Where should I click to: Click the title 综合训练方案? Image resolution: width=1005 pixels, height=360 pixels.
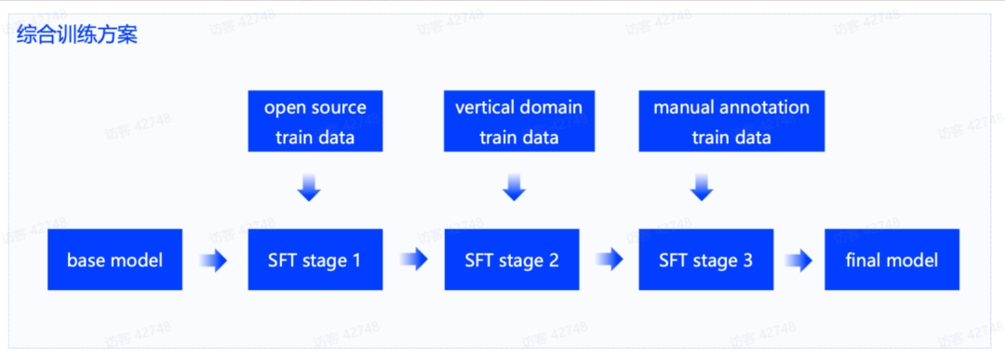click(x=77, y=33)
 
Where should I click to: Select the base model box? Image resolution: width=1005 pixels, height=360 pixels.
click(x=114, y=260)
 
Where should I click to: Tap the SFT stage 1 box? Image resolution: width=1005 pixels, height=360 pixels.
click(x=315, y=260)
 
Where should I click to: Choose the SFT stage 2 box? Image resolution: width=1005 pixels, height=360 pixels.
click(x=512, y=260)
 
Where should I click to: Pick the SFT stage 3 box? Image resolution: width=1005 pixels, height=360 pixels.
click(x=706, y=260)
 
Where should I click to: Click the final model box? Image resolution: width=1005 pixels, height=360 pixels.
click(x=892, y=260)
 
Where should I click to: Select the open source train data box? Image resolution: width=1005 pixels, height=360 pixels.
click(x=315, y=121)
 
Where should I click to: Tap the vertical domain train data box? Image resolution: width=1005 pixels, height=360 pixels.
click(x=519, y=121)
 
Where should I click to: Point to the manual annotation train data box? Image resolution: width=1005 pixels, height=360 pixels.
click(x=731, y=121)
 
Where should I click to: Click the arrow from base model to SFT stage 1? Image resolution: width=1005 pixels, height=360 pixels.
click(x=214, y=260)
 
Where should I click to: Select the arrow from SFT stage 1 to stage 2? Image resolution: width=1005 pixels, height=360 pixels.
click(x=414, y=260)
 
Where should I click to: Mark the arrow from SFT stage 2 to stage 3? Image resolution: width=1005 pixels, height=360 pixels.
click(x=610, y=260)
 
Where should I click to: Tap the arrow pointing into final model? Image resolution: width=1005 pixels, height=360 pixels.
click(x=798, y=260)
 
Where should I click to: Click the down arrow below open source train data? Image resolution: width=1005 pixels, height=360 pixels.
click(x=309, y=187)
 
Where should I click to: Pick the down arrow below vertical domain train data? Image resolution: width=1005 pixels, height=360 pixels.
click(x=514, y=187)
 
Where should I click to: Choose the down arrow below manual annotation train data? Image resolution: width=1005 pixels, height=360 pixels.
click(x=702, y=187)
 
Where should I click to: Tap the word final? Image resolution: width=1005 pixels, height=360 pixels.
click(x=863, y=260)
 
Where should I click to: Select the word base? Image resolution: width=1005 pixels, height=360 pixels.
click(x=83, y=260)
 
